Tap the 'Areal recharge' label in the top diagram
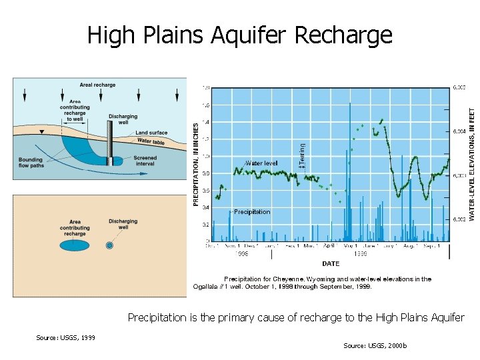97,85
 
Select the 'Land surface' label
151,133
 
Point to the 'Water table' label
151,141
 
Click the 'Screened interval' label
145,161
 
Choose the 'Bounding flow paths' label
31,163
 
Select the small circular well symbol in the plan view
110,245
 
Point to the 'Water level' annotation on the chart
261,163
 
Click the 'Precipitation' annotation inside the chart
251,212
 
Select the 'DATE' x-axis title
331,264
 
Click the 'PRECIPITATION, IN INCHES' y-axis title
196,163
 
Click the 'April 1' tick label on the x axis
331,246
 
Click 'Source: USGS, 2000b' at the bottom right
375,345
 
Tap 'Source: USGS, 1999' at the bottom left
65,337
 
